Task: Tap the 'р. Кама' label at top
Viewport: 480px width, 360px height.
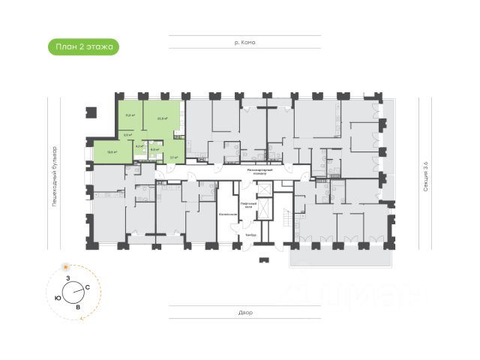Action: [x=244, y=43]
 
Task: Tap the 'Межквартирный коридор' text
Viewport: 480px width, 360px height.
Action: [x=260, y=172]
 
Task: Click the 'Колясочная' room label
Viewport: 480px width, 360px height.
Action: [x=229, y=214]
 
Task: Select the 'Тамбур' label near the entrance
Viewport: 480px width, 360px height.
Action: [x=250, y=235]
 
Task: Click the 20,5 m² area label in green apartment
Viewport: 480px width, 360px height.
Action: [x=162, y=118]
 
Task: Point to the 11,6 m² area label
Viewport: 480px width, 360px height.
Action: [x=129, y=115]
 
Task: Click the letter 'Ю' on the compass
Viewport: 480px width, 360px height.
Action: [x=58, y=297]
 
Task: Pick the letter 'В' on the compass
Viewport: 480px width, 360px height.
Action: [x=77, y=307]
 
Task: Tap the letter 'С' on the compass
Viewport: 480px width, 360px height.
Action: [x=88, y=288]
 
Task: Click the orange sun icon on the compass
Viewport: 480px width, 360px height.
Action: [x=66, y=267]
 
